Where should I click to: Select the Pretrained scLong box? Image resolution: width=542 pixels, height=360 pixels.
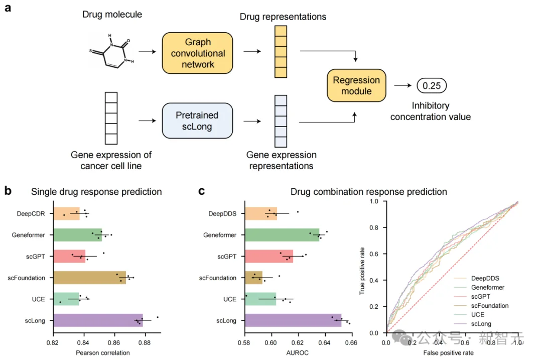(x=197, y=121)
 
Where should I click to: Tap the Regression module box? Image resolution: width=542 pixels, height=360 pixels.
(x=357, y=85)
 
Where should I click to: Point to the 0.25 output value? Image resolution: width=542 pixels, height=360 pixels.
(x=431, y=85)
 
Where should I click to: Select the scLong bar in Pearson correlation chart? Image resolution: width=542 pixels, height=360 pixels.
(x=98, y=320)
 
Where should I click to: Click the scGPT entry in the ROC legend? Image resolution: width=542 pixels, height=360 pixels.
(x=481, y=296)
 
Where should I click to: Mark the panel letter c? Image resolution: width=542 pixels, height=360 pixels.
(x=202, y=191)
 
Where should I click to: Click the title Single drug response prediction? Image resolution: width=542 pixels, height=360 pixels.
(x=96, y=191)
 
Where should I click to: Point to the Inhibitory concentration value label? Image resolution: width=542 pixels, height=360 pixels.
(x=431, y=111)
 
